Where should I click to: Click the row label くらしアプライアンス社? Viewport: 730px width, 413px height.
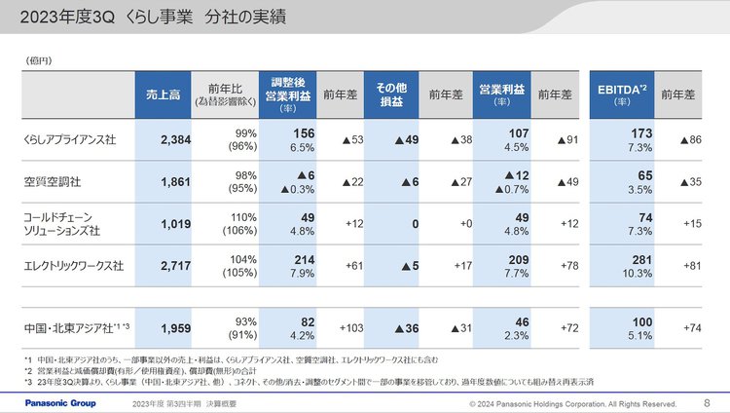click(x=69, y=139)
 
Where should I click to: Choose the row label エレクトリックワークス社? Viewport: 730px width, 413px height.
click(x=73, y=263)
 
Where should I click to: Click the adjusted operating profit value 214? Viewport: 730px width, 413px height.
click(x=303, y=257)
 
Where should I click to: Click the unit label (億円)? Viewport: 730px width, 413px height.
click(x=39, y=61)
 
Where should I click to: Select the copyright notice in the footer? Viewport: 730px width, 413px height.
click(x=572, y=403)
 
